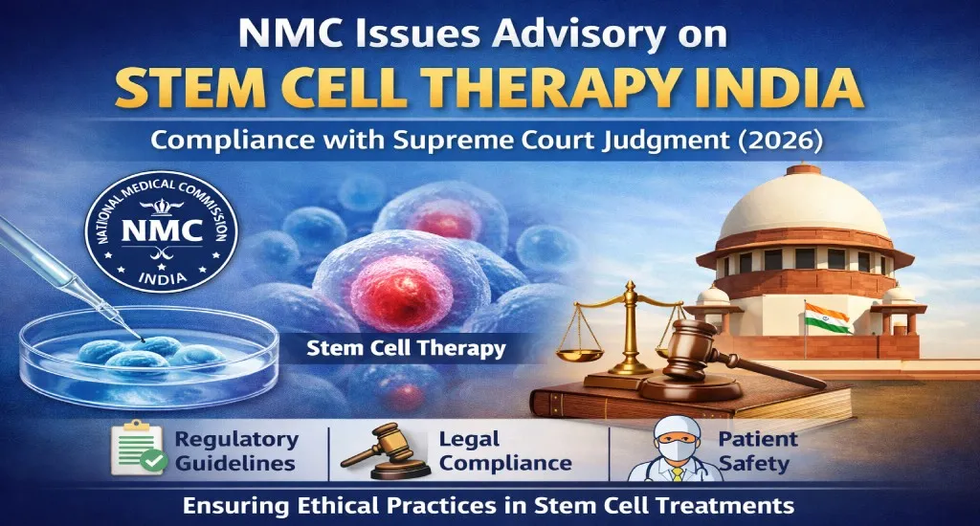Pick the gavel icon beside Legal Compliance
[x=376, y=451]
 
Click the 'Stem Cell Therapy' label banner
[x=406, y=348]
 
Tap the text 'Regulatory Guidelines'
[x=235, y=451]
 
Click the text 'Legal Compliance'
[x=504, y=451]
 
